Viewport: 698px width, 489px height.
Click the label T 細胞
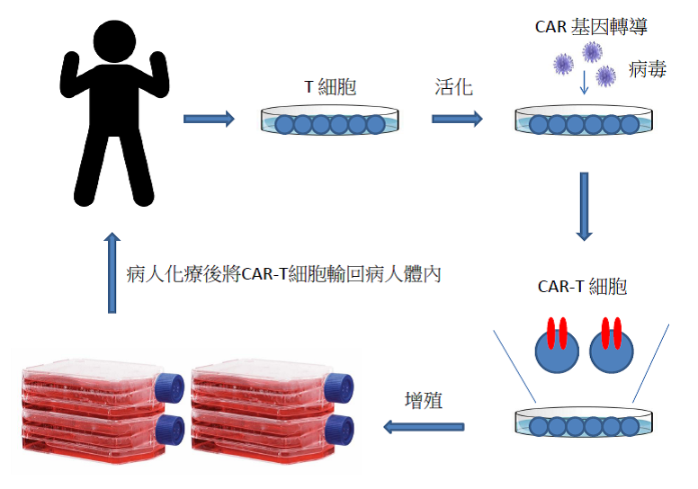331,88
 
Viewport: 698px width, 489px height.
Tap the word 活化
452,87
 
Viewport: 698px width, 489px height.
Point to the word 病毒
648,69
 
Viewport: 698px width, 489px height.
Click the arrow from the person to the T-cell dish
209,119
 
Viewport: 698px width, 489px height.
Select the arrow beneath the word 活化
456,119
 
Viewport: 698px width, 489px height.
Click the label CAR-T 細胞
582,287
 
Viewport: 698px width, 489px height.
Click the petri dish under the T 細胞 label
329,121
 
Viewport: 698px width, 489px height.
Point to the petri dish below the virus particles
584,121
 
